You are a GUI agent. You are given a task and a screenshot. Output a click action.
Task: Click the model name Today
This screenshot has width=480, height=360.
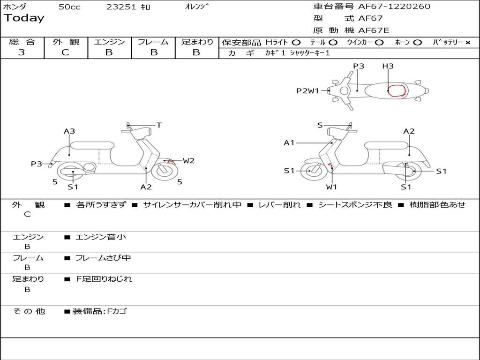point(24,18)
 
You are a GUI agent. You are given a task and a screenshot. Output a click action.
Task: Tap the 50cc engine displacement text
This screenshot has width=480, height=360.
point(69,7)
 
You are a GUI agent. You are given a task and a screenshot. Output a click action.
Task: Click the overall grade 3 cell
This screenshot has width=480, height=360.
point(22,52)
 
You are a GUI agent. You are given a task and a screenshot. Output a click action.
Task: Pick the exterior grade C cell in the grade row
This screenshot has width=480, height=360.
point(66,52)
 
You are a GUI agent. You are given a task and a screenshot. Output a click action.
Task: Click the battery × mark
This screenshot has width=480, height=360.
point(467,42)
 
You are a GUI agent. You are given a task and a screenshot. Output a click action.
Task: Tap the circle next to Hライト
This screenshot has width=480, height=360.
point(296,42)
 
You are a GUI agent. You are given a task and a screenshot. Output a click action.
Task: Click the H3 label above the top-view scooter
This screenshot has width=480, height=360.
point(388,66)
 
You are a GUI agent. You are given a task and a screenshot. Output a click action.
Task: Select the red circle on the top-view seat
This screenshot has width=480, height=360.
point(397,90)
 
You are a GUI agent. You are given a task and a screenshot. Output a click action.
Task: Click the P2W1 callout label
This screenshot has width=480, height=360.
point(307,91)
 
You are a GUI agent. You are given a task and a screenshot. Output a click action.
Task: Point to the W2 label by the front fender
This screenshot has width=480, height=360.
point(188,161)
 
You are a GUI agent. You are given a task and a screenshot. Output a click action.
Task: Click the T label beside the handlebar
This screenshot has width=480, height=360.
point(159,125)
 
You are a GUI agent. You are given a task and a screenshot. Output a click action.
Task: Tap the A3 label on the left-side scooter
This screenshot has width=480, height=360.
point(69,131)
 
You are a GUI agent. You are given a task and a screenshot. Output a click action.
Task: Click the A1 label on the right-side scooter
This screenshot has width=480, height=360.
point(289,142)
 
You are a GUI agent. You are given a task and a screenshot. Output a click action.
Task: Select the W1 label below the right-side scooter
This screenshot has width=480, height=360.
point(332,187)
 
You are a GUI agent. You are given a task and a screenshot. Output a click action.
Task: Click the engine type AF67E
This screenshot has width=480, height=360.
point(374,31)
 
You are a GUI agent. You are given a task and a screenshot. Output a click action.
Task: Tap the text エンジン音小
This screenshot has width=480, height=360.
point(101,237)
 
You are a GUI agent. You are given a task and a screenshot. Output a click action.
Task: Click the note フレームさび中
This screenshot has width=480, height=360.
point(103,258)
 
